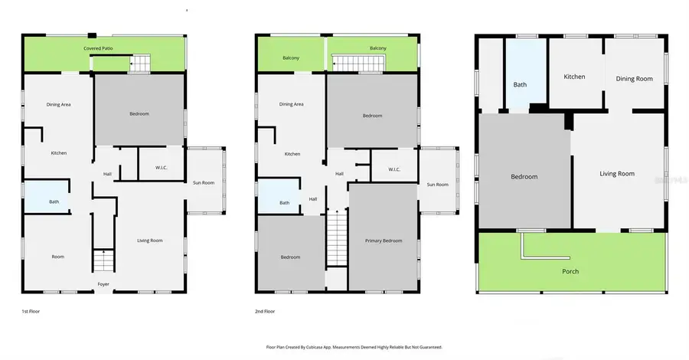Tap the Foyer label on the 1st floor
tap(103, 284)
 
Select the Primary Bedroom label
tap(380, 241)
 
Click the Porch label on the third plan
tap(570, 271)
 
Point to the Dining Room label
tap(634, 78)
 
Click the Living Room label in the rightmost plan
tap(616, 174)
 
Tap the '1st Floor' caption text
tap(31, 312)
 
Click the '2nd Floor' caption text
tap(266, 312)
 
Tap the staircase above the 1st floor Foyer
tap(103, 261)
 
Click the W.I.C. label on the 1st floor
tap(161, 169)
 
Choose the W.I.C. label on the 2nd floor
tap(393, 169)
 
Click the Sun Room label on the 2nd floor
tap(437, 185)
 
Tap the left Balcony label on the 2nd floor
tap(290, 57)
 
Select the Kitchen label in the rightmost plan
tap(574, 77)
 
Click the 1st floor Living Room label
tap(150, 241)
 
